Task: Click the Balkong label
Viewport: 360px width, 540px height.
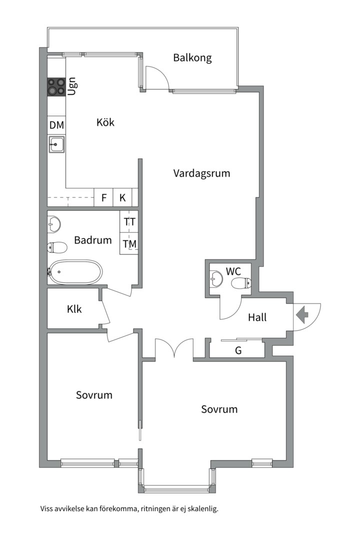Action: pyautogui.click(x=192, y=58)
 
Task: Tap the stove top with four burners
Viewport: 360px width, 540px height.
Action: pyautogui.click(x=56, y=86)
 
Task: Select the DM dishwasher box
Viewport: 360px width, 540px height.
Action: pyautogui.click(x=56, y=125)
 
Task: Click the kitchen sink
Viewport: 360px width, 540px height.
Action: pyautogui.click(x=56, y=144)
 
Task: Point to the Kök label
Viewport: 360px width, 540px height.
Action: pyautogui.click(x=105, y=122)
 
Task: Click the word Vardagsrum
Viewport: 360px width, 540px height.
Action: pyautogui.click(x=201, y=173)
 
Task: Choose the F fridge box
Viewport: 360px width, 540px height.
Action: pyautogui.click(x=103, y=197)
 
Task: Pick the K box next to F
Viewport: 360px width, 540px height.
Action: pyautogui.click(x=122, y=197)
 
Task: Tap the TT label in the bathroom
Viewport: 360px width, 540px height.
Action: pyautogui.click(x=130, y=222)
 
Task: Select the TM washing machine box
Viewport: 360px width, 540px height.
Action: pyautogui.click(x=129, y=243)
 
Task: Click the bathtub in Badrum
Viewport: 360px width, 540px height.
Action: pyautogui.click(x=75, y=272)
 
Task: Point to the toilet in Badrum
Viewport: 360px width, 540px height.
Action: pyautogui.click(x=57, y=247)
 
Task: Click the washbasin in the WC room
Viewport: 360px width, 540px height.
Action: pyautogui.click(x=216, y=278)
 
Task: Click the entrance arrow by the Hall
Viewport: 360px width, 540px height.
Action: pyautogui.click(x=302, y=315)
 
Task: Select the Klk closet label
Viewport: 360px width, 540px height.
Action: pyautogui.click(x=74, y=309)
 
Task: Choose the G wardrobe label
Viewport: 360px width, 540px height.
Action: pyautogui.click(x=238, y=350)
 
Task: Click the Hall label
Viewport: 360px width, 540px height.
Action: pyautogui.click(x=257, y=317)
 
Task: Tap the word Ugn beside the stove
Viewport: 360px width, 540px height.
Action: pyautogui.click(x=72, y=86)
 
